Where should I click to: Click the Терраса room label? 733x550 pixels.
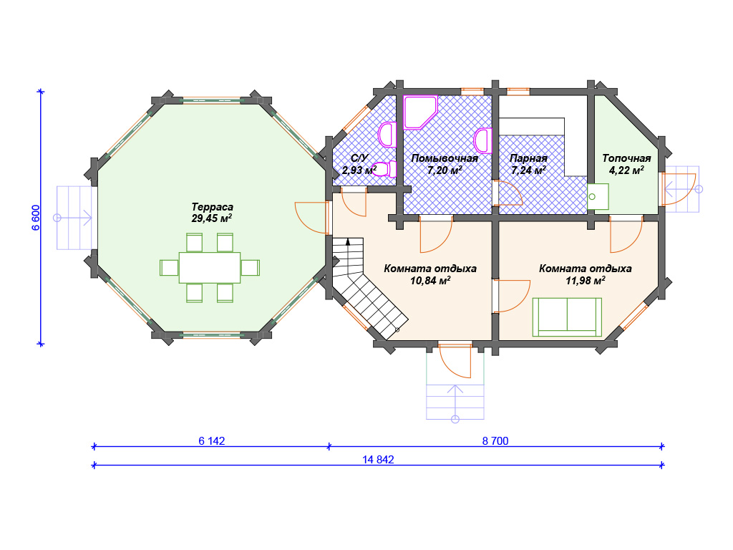212,207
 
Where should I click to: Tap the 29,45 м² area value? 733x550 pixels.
212,218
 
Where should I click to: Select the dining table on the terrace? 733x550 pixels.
210,268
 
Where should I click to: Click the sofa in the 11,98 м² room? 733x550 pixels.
567,317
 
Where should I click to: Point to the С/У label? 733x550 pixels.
359,158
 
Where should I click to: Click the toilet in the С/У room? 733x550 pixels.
384,169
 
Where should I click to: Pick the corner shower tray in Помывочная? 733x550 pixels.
420,112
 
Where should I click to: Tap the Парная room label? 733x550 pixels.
528,158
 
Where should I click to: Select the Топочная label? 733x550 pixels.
626,158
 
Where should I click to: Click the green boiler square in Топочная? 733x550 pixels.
598,196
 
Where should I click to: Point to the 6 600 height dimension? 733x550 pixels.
36,218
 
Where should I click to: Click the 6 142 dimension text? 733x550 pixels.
212,441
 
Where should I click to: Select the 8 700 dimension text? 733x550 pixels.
495,441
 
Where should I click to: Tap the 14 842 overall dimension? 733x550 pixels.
378,460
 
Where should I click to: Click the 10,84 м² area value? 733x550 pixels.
430,281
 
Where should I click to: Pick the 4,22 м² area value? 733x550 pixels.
626,170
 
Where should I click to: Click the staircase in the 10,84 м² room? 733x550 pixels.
364,285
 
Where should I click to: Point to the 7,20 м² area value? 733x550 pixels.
445,170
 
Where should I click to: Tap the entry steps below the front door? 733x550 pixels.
455,402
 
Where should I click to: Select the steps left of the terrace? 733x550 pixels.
74,218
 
